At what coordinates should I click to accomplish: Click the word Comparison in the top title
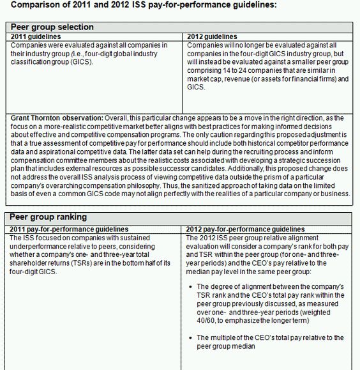(38, 5)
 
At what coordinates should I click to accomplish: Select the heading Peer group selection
(52, 27)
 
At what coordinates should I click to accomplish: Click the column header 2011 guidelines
(38, 36)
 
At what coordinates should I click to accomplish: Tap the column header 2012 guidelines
(212, 36)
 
